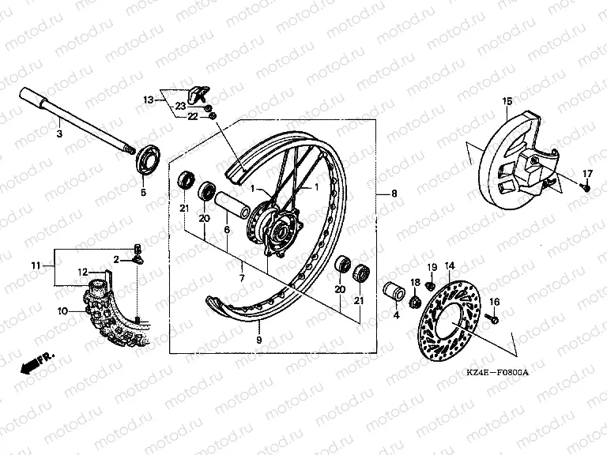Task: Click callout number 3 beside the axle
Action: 58,134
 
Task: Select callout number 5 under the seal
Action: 143,192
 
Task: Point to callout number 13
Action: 147,100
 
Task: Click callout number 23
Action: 180,105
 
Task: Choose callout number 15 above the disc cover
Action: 507,100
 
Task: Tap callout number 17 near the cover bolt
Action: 587,173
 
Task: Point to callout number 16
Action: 495,302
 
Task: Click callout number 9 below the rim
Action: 258,340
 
